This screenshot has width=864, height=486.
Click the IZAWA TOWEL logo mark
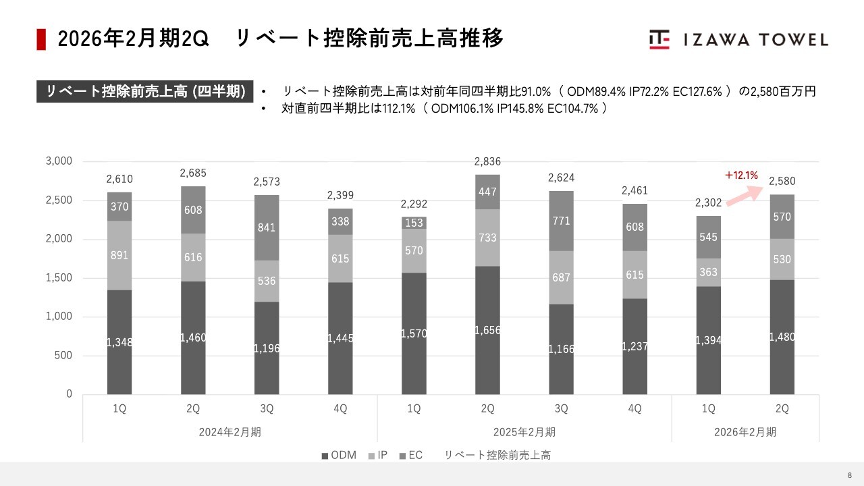coord(659,40)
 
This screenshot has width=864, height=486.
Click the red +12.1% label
coord(741,175)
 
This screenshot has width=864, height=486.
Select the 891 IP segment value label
coord(119,255)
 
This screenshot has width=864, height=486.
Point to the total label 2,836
coord(487,161)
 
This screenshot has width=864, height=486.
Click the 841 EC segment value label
coord(267,227)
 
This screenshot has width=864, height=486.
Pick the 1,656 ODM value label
coord(487,330)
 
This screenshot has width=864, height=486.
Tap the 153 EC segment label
coord(414,223)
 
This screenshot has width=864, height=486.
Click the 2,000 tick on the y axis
coord(59,240)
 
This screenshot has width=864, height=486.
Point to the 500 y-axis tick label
coord(63,356)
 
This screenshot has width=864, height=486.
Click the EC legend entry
coord(410,456)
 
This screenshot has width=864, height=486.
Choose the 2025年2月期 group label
coord(524,432)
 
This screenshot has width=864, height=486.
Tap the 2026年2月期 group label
coord(745,432)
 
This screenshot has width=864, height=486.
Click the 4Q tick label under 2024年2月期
coord(340,408)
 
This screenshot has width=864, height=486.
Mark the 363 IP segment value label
coord(708,273)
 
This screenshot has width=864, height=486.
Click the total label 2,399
coord(340,195)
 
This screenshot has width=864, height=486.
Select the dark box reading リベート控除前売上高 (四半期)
coord(145,91)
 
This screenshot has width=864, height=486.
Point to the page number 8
coord(850,475)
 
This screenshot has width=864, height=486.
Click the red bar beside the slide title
coord(41,39)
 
